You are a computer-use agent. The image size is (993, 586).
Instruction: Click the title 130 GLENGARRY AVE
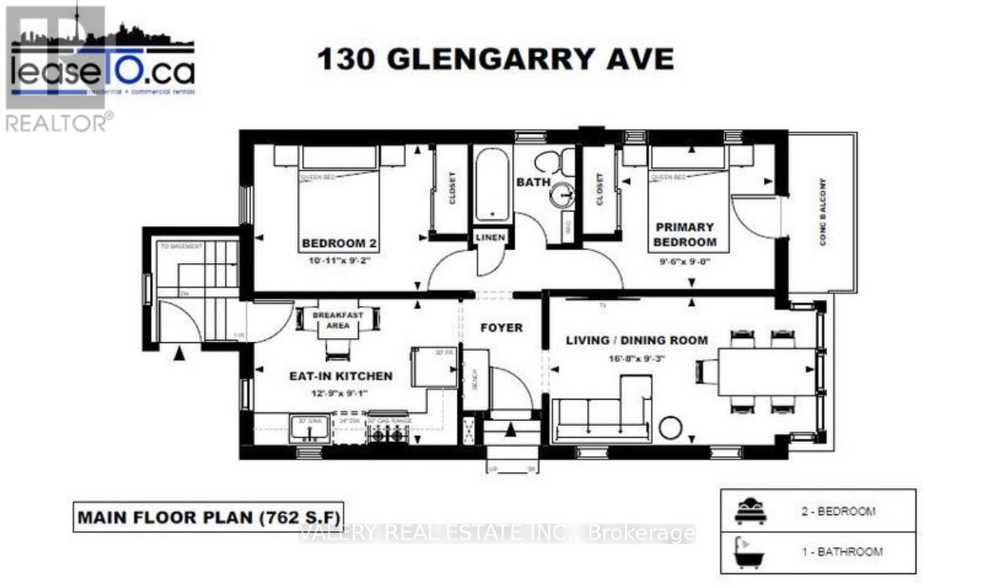coord(494,60)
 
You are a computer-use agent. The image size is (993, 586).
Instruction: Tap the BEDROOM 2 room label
coord(339,245)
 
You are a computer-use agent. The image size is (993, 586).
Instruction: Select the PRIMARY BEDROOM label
coord(686,234)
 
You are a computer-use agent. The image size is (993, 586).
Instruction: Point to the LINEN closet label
coord(489,238)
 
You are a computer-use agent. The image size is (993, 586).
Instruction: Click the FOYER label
coord(501,327)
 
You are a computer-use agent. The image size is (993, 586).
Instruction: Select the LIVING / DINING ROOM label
coord(637,341)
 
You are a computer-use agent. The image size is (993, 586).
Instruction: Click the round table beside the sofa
coord(670,427)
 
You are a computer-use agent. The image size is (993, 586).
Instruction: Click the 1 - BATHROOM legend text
coord(842,552)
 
